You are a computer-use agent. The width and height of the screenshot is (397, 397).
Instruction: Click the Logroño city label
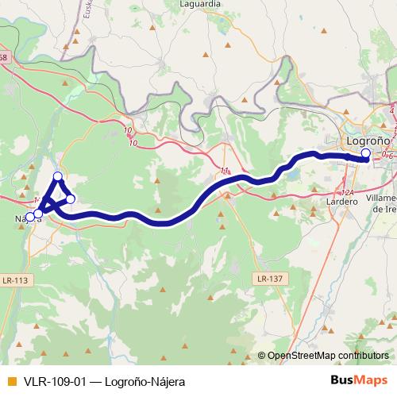(368, 141)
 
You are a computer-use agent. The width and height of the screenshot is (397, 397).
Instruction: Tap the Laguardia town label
(200, 4)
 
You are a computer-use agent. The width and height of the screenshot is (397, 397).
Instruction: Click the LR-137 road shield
(270, 279)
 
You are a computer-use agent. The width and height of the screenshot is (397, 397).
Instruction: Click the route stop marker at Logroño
(365, 154)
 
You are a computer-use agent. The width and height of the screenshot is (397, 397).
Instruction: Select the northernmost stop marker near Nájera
(57, 177)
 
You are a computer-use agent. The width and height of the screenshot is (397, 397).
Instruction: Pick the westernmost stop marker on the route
(29, 216)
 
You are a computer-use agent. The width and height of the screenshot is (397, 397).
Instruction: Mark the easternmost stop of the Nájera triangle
(71, 198)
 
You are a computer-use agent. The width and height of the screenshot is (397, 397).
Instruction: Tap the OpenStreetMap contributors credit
(328, 356)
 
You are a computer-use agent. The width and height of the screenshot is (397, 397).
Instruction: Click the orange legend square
(11, 380)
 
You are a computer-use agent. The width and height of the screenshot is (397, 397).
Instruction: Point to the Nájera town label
(22, 218)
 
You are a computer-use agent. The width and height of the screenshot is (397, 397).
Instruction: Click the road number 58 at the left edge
(4, 57)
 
